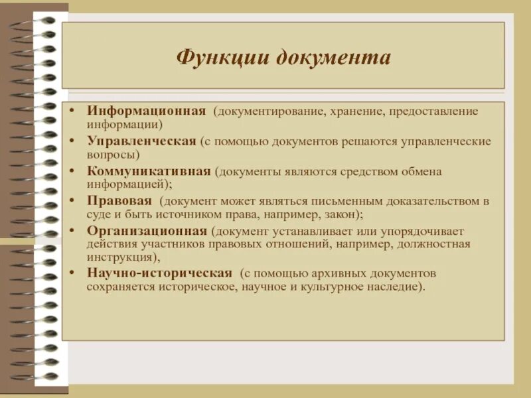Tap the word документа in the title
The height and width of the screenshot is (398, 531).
[333, 57]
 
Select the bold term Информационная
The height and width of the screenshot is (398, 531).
[146, 110]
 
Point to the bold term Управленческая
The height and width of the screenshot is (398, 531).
[141, 141]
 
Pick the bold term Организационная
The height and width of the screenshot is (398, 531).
[147, 231]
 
